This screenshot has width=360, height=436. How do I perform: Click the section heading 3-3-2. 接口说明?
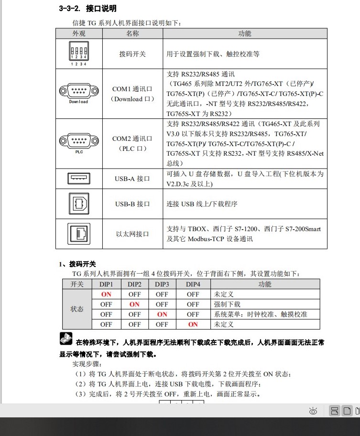[x=87, y=9]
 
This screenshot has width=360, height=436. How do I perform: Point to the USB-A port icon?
[x=79, y=179]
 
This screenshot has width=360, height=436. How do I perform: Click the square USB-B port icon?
[x=79, y=203]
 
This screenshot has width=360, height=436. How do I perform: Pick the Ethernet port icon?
[x=79, y=234]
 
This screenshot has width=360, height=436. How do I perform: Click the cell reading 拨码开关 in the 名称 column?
[x=132, y=54]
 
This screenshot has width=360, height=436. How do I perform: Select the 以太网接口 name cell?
[x=132, y=234]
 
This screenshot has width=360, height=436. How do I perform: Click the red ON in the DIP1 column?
[x=106, y=294]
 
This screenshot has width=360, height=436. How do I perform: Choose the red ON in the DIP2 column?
[x=135, y=304]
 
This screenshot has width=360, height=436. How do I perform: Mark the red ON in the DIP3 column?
[x=162, y=314]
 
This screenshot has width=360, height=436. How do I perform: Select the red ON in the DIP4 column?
[x=193, y=324]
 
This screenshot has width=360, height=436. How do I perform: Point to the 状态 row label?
[x=77, y=309]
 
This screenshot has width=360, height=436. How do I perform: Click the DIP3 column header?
[x=162, y=284]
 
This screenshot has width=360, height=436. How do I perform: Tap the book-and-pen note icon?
[x=66, y=339]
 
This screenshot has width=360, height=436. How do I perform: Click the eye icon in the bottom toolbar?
[x=314, y=411]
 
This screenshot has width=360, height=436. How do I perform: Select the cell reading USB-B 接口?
[x=132, y=204]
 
